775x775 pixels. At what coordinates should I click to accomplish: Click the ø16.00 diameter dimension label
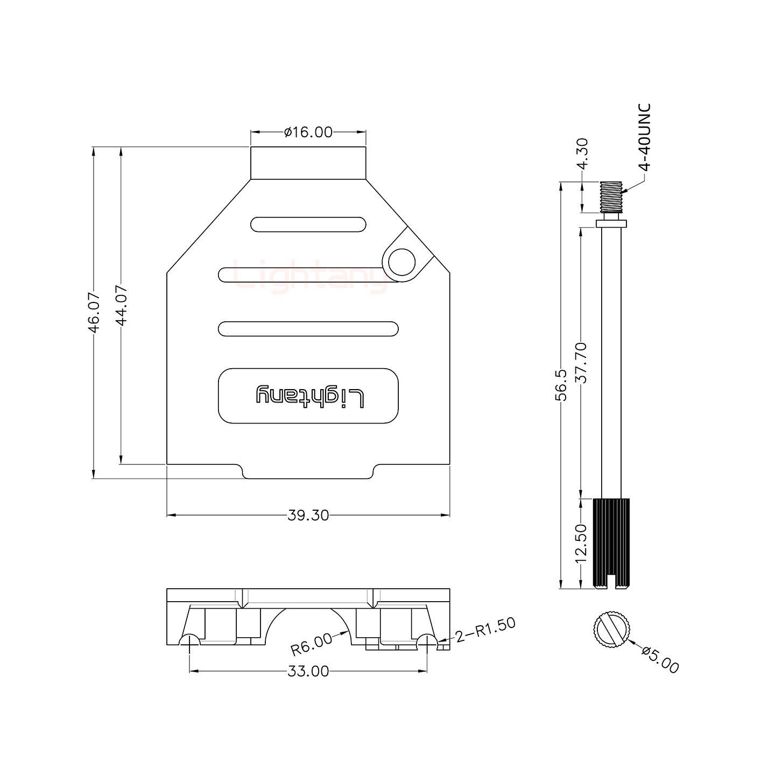[308, 132]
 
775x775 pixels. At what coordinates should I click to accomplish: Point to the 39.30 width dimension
[308, 516]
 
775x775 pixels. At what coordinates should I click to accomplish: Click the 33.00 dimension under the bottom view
[308, 671]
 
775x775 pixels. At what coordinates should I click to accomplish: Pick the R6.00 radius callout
[312, 644]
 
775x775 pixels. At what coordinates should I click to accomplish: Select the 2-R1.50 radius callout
[485, 630]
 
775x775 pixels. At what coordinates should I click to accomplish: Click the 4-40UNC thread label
[645, 137]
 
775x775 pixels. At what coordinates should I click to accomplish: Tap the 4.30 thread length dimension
[582, 154]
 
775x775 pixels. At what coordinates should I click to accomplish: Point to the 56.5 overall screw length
[561, 385]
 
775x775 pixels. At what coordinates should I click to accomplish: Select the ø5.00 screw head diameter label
[660, 660]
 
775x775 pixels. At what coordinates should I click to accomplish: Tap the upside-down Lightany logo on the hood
[309, 396]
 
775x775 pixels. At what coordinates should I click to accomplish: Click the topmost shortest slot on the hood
[308, 224]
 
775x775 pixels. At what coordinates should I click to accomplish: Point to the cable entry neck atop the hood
[308, 163]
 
